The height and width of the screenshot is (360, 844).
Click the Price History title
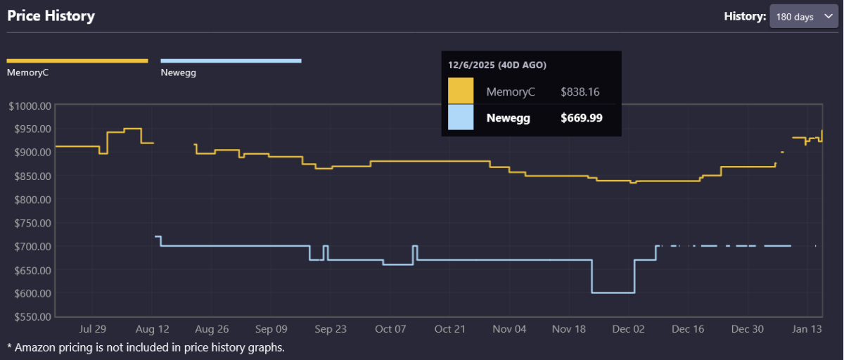point(51,15)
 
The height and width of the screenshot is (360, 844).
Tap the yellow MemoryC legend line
point(77,61)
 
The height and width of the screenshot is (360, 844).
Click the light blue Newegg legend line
point(231,61)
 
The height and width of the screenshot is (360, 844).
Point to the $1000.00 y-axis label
point(30,105)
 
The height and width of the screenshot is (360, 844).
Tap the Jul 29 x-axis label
point(93,329)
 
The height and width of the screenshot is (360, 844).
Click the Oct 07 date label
point(391,329)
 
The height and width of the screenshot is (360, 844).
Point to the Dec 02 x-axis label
point(628,329)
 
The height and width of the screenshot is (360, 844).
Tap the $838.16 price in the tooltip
point(580,91)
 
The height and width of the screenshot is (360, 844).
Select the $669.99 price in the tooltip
point(581,118)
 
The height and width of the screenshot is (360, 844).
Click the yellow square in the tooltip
point(461,91)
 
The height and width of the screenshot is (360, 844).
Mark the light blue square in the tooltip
point(461,118)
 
